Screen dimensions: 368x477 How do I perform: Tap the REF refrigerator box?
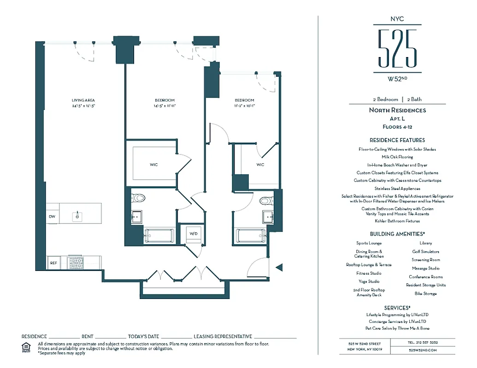[x=53, y=263]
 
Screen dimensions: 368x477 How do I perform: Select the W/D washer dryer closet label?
[x=194, y=234]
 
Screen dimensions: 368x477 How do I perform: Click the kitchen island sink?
[x=77, y=215]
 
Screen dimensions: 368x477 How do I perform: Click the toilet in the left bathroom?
[x=139, y=198]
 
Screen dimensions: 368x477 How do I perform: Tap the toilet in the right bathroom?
[x=265, y=200]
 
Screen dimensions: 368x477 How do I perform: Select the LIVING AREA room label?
[x=83, y=100]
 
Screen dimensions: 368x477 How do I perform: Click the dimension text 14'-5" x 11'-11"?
[x=165, y=106]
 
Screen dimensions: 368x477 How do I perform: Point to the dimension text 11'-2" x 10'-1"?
[x=244, y=106]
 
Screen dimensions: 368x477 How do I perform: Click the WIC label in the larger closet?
[x=153, y=165]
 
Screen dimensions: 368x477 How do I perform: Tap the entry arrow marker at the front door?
[x=278, y=267]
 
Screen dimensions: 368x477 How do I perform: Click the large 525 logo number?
[x=397, y=48]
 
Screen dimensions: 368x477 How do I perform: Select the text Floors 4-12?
[x=397, y=126]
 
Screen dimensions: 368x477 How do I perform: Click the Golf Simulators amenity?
[x=425, y=252]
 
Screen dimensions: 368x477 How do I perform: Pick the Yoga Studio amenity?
[x=369, y=282]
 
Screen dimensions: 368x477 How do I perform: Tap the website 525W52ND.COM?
[x=423, y=350]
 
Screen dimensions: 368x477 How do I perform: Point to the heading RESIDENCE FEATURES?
[x=397, y=140]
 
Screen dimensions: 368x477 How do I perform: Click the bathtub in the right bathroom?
[x=251, y=236]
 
